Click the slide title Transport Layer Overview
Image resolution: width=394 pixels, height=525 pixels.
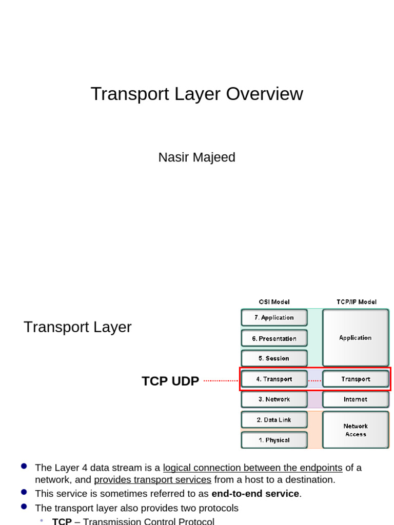(x=196, y=94)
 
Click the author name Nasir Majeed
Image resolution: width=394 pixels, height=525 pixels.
(x=196, y=157)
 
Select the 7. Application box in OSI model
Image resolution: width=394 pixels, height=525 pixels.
(x=274, y=317)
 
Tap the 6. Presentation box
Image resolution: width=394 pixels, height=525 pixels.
(x=274, y=338)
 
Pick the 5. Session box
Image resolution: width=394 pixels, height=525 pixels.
(x=274, y=358)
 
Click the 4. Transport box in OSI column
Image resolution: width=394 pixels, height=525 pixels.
(x=274, y=379)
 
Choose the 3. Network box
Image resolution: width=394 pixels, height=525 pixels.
(x=274, y=399)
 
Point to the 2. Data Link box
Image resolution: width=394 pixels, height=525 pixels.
(x=274, y=420)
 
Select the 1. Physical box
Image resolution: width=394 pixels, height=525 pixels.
(x=274, y=440)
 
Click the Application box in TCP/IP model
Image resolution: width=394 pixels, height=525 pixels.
(x=355, y=338)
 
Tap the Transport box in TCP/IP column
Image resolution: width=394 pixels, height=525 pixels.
(x=355, y=379)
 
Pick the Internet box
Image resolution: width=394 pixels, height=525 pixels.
(x=355, y=399)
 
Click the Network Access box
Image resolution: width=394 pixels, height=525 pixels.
(x=355, y=430)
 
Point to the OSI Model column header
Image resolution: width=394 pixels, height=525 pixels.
(x=274, y=302)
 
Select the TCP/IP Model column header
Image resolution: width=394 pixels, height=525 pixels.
(x=356, y=302)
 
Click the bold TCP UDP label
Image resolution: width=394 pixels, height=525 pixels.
(x=170, y=381)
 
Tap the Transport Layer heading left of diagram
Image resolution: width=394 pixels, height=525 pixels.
(x=77, y=327)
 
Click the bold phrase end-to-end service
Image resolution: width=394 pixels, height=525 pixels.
(x=255, y=494)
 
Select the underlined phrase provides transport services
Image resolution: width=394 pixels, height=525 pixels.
(x=152, y=480)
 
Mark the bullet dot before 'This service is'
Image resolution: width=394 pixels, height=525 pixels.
(x=24, y=492)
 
